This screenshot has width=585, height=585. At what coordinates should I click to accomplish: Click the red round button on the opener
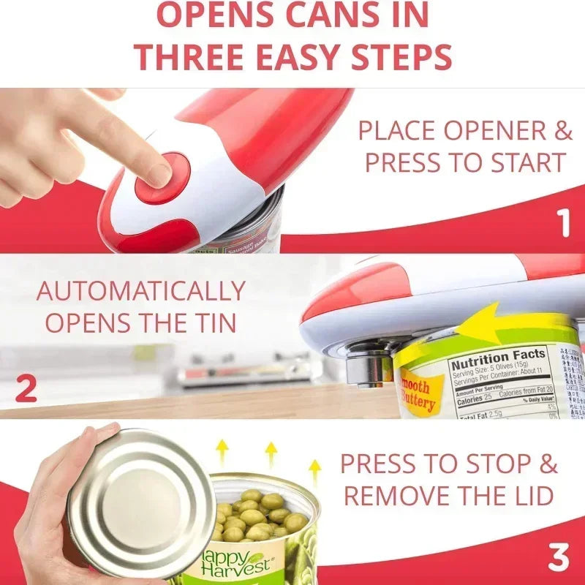(162, 178)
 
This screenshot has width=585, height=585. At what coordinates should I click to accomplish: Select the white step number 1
(563, 224)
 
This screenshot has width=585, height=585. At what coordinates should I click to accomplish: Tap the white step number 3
(559, 558)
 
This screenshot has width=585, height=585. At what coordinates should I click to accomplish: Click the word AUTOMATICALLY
(140, 291)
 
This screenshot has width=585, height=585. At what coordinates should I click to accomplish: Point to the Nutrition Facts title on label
(498, 358)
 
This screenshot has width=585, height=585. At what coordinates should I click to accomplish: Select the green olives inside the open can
(256, 516)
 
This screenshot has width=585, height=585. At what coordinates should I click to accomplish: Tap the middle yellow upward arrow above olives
(271, 453)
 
